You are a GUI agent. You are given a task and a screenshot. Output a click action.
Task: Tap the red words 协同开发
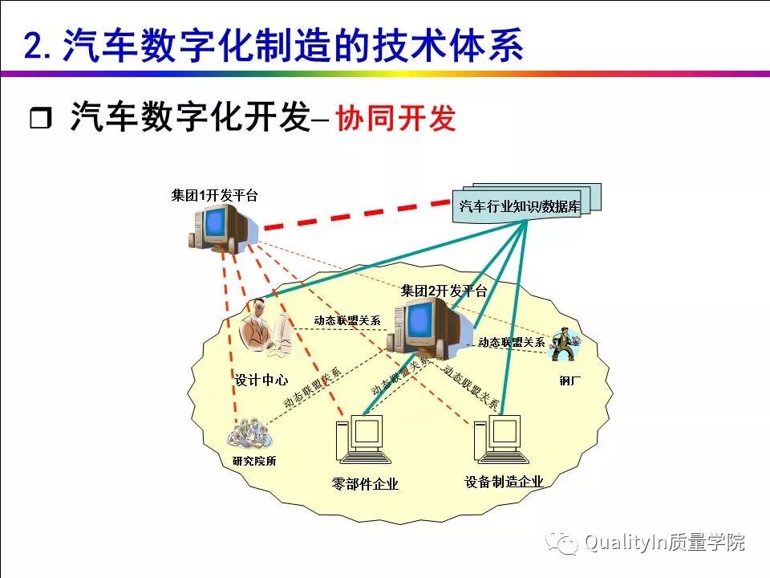395,119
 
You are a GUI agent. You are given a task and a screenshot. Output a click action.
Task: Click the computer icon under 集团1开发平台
215,226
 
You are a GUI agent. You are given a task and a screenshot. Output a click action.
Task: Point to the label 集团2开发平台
444,291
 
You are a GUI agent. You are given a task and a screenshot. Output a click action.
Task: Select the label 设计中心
261,380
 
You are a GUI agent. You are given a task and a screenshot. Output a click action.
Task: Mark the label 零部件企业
365,483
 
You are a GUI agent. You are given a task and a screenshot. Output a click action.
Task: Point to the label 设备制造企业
504,482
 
